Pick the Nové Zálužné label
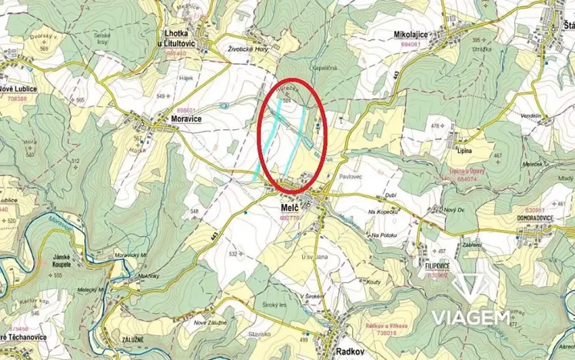point(211,322)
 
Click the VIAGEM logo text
point(471,318)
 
